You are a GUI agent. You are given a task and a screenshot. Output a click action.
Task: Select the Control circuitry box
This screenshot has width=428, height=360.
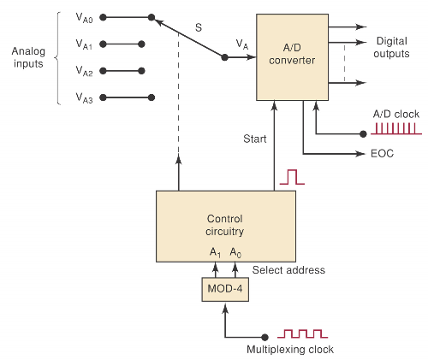225,226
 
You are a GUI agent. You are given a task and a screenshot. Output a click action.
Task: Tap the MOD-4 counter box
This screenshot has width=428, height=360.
225,289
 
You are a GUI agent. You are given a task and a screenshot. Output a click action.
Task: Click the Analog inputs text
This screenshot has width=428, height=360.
28,57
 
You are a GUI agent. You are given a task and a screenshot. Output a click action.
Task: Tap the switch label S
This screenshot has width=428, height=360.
199,28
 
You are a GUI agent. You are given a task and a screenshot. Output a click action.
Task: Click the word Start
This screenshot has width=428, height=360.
255,139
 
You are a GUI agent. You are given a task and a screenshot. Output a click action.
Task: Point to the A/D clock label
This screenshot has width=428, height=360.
394,113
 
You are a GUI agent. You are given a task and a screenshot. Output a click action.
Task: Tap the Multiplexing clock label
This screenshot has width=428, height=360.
290,350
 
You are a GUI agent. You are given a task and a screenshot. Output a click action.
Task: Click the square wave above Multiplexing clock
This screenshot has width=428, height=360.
305,333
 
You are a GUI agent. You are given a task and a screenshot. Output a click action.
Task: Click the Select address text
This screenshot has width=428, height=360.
288,270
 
